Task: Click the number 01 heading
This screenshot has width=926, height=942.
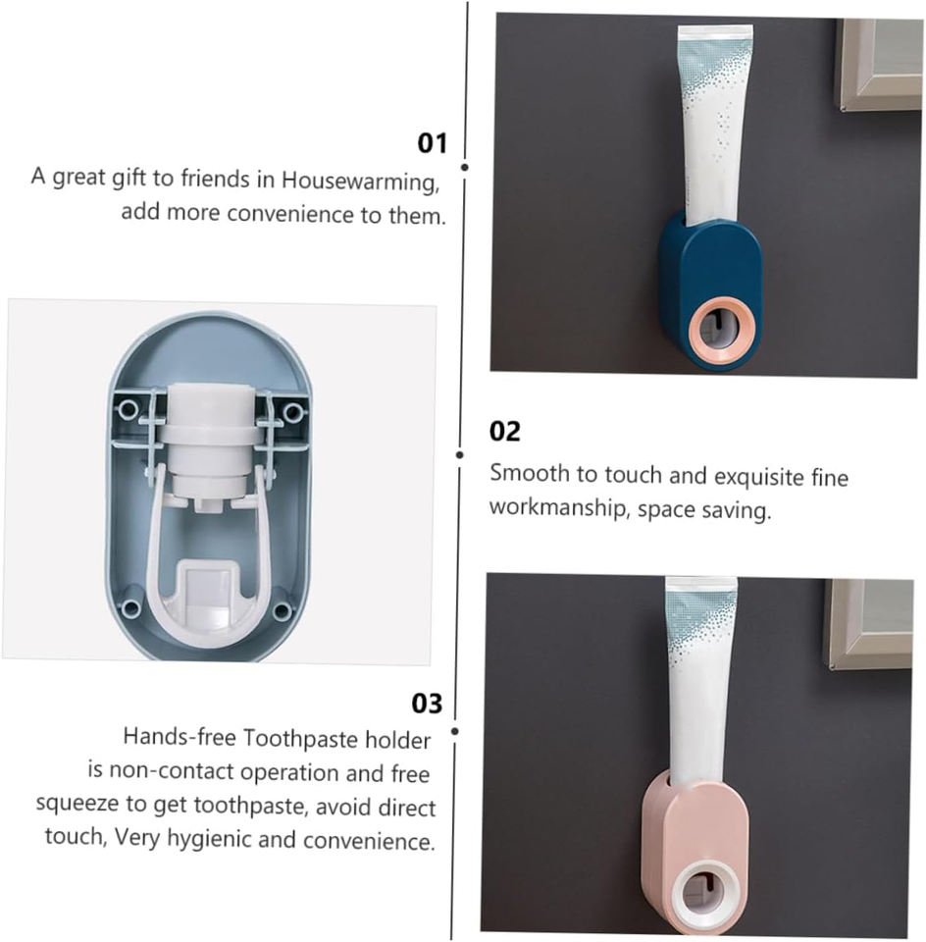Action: [x=433, y=143]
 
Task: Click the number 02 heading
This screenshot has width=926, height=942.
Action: [x=504, y=432]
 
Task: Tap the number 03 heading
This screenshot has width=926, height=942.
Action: [x=427, y=704]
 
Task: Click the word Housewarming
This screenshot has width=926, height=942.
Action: [x=360, y=182]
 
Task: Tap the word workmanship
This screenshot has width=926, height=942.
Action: [x=558, y=508]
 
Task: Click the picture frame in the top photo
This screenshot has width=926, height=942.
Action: [x=879, y=64]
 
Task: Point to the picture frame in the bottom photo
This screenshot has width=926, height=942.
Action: [x=869, y=625]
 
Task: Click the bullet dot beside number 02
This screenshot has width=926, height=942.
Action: [x=459, y=454]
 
